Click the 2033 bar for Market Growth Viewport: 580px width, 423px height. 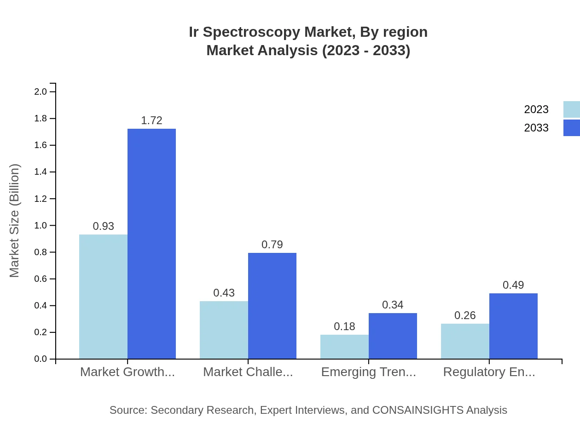pyautogui.click(x=151, y=244)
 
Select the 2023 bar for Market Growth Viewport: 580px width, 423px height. pyautogui.click(x=103, y=297)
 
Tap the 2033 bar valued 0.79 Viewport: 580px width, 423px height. pyautogui.click(x=272, y=306)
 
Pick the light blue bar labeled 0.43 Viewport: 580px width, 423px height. pyautogui.click(x=224, y=330)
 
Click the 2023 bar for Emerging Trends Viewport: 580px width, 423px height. pyautogui.click(x=344, y=347)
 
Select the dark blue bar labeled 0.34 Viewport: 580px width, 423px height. pyautogui.click(x=393, y=336)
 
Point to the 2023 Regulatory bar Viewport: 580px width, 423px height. pyautogui.click(x=465, y=341)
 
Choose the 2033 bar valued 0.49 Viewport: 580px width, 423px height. pyautogui.click(x=513, y=326)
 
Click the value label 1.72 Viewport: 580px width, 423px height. pyautogui.click(x=151, y=120)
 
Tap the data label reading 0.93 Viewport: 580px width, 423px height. pyautogui.click(x=103, y=226)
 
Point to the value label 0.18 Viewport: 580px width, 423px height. pyautogui.click(x=344, y=326)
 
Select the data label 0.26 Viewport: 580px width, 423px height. pyautogui.click(x=465, y=315)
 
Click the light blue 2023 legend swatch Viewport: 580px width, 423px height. pyautogui.click(x=571, y=109)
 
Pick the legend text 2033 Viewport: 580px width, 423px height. pyautogui.click(x=536, y=128)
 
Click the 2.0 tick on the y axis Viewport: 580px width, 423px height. pyautogui.click(x=41, y=91)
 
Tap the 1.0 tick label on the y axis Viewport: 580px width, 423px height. pyautogui.click(x=41, y=225)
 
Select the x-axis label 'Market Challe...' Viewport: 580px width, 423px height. pyautogui.click(x=248, y=372)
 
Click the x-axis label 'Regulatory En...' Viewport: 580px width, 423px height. pyautogui.click(x=489, y=372)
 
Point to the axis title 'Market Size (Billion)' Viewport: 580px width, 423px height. pyautogui.click(x=15, y=221)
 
